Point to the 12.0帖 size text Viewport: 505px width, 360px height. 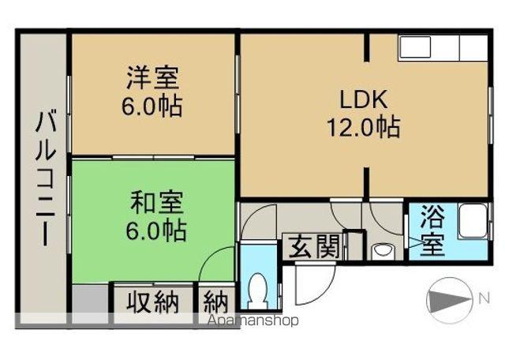point(363,126)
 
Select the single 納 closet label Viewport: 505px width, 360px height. point(216,302)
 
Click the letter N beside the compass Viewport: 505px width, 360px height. point(483,298)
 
